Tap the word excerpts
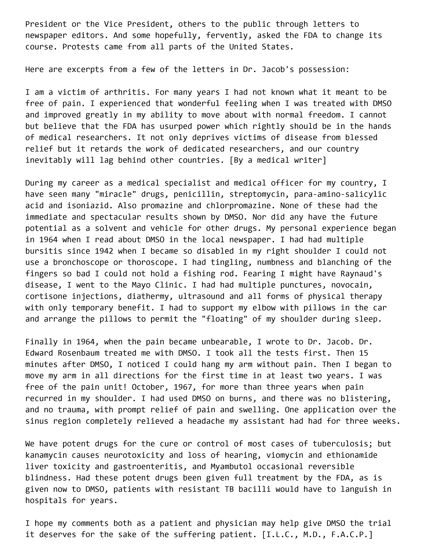click(x=85, y=69)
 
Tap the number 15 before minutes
click(x=363, y=353)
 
